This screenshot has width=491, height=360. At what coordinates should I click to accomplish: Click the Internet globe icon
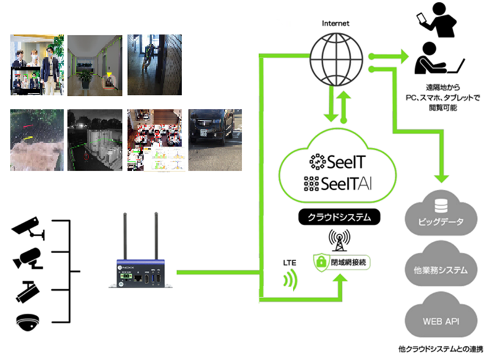click(336, 59)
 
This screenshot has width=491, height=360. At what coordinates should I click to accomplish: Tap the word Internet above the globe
click(335, 24)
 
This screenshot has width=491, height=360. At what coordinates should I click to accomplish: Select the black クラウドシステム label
click(339, 217)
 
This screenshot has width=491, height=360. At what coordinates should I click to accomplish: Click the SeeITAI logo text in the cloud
click(338, 184)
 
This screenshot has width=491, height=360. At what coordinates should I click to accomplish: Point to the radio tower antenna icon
click(339, 240)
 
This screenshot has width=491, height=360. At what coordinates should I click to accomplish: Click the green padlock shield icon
click(321, 262)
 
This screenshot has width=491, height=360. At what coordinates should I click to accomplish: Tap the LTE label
click(289, 263)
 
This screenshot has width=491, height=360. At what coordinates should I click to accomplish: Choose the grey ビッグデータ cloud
click(441, 213)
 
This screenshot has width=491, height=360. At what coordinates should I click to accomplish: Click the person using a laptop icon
click(438, 59)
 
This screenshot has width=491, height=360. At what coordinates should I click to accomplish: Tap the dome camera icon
click(28, 322)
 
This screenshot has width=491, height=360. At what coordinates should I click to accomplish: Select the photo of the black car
click(215, 140)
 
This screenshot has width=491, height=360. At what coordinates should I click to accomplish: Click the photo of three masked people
click(37, 65)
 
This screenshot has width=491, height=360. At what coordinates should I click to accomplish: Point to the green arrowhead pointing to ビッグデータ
click(442, 179)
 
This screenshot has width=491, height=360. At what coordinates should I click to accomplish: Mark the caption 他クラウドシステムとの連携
click(440, 349)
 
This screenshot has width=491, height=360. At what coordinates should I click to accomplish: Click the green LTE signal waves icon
click(290, 280)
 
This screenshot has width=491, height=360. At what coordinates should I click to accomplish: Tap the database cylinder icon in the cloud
click(441, 205)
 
